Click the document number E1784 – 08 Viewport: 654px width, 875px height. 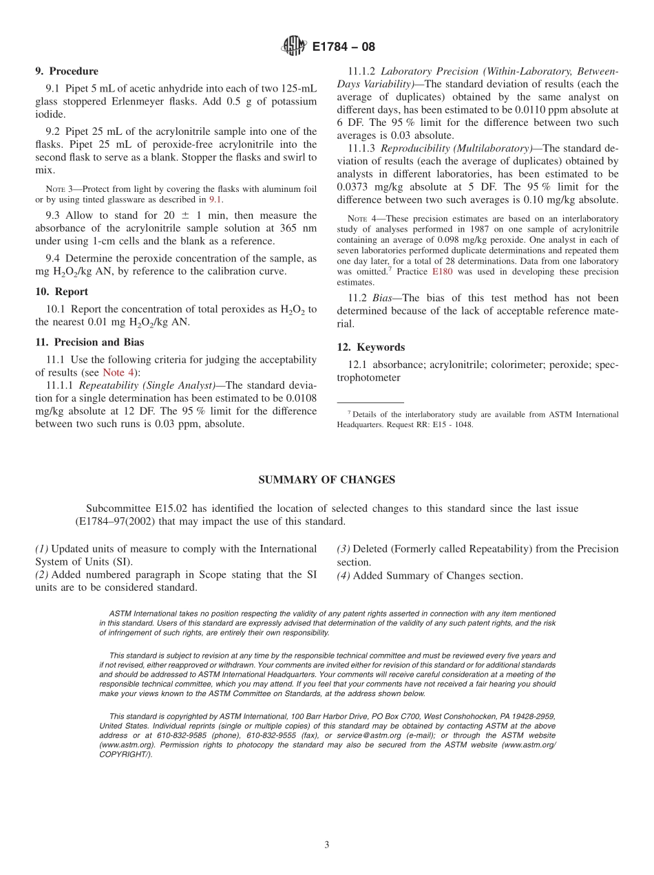pyautogui.click(x=344, y=47)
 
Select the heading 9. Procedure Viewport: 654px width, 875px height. pyautogui.click(x=67, y=71)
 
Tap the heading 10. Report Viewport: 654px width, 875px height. pyautogui.click(x=61, y=292)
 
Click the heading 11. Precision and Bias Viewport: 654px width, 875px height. pyautogui.click(x=89, y=342)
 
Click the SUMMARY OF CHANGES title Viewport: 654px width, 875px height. pyautogui.click(x=326, y=480)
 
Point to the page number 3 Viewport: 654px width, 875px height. pyautogui.click(x=327, y=845)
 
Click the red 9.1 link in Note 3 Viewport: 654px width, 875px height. pyautogui.click(x=215, y=199)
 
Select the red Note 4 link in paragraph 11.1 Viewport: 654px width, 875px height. pyautogui.click(x=118, y=372)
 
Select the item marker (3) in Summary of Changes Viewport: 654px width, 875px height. pyautogui.click(x=343, y=549)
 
